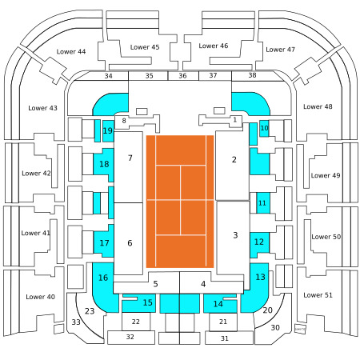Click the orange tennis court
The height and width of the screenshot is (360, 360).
click(x=180, y=202)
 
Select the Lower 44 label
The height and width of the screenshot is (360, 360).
click(x=71, y=51)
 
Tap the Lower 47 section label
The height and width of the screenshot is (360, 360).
click(x=280, y=50)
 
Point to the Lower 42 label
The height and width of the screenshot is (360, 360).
click(x=36, y=174)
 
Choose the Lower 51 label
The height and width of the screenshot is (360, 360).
click(x=318, y=295)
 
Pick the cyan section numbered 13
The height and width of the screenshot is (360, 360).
click(x=258, y=287)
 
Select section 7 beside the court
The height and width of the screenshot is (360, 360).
click(x=128, y=167)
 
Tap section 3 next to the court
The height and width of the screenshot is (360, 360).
click(x=234, y=238)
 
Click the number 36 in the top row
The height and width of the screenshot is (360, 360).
click(x=182, y=76)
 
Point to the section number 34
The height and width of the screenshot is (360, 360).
click(x=108, y=76)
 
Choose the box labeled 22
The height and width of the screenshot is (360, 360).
click(x=136, y=322)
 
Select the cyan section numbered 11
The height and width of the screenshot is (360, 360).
click(x=263, y=203)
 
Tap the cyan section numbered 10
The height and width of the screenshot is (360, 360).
click(x=264, y=128)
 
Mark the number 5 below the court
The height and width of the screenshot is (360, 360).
click(x=155, y=284)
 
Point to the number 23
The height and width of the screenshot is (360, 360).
click(x=90, y=311)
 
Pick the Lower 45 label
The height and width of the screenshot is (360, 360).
click(x=145, y=47)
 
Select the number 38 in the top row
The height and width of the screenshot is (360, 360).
click(x=252, y=75)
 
